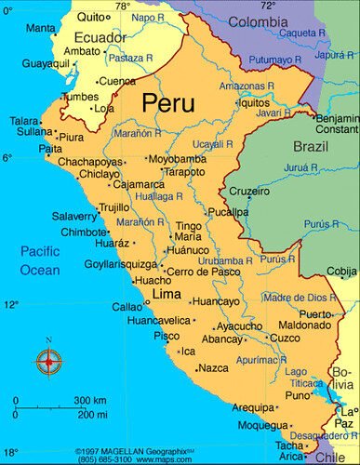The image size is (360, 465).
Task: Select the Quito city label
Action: click(x=90, y=17)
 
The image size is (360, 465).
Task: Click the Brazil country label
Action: click(x=311, y=147)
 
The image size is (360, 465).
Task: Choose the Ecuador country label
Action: click(x=73, y=38)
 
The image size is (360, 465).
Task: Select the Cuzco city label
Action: click(x=285, y=339)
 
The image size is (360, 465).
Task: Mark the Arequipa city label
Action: click(x=252, y=407)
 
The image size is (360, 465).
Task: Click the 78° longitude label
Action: click(x=122, y=6)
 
